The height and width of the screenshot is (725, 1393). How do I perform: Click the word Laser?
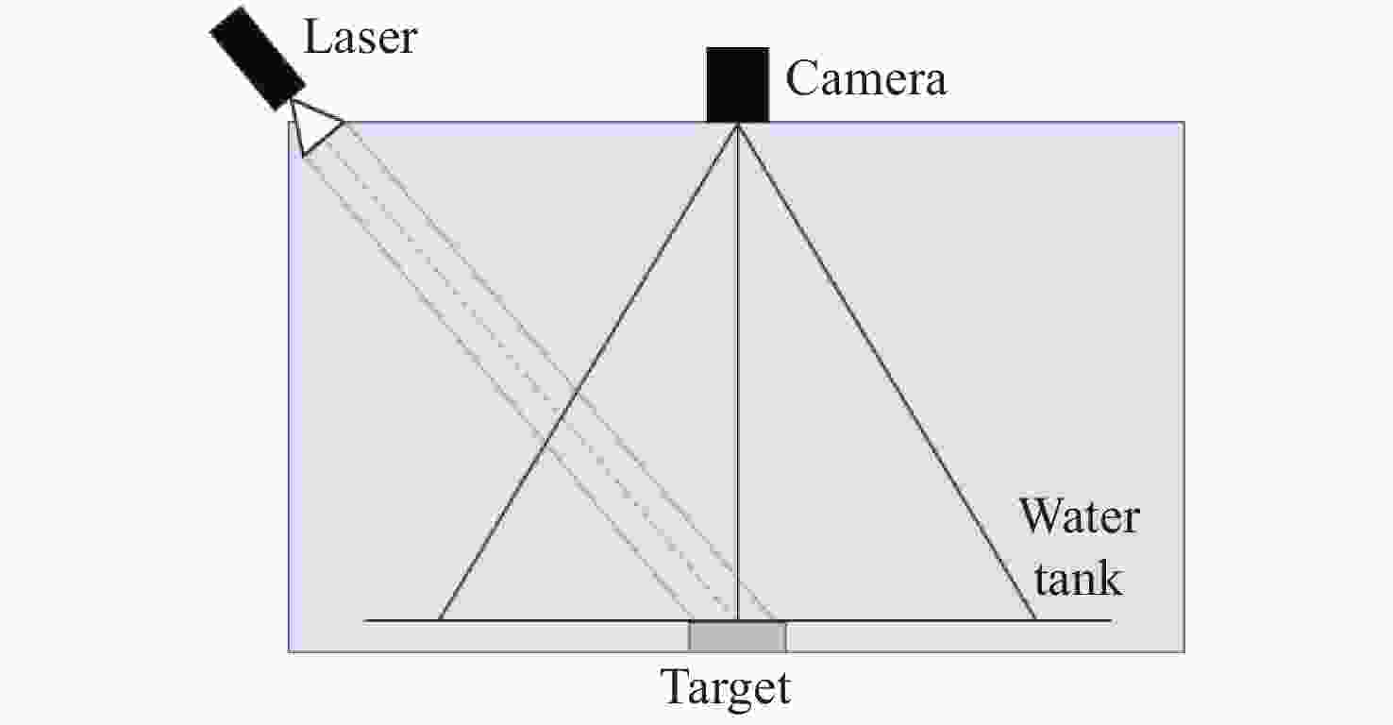[x=361, y=38]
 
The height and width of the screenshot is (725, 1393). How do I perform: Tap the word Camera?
[x=865, y=78]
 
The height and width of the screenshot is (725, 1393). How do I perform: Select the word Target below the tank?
[x=725, y=688]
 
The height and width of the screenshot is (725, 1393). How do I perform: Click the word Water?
[x=1079, y=516]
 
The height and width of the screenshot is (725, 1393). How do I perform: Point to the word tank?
[x=1078, y=579]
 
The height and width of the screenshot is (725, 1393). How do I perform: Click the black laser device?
[x=258, y=59]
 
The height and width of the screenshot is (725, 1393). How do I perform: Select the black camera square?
[x=737, y=85]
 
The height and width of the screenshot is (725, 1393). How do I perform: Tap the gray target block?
[x=737, y=636]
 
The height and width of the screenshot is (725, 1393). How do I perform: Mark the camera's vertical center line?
[x=737, y=372]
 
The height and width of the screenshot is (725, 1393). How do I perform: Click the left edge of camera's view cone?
[x=588, y=372]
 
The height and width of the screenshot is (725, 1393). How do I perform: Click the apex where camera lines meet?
[x=737, y=125]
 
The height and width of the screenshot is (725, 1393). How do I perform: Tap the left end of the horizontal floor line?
[x=364, y=620]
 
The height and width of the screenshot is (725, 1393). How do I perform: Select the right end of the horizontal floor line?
[x=1111, y=620]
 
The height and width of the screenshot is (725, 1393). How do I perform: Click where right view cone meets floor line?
[x=1035, y=620]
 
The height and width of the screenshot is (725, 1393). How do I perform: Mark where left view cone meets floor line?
[x=439, y=620]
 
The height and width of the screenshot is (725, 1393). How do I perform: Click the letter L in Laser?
[x=316, y=37]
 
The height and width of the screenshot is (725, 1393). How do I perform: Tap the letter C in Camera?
[x=802, y=78]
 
